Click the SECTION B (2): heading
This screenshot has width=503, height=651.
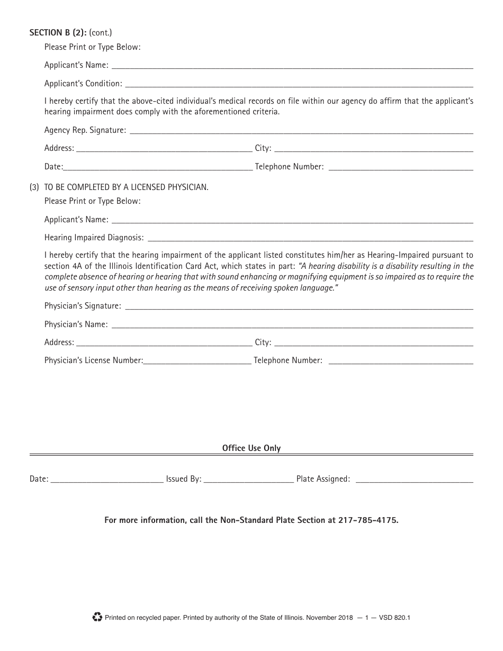[58, 33]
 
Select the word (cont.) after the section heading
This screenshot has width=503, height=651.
[101, 33]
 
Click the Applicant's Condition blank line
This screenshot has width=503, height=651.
[299, 84]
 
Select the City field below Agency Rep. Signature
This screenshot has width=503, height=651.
[373, 149]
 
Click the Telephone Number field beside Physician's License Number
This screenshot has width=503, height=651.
[401, 361]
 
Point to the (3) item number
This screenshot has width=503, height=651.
[34, 187]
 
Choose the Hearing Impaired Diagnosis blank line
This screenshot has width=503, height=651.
[309, 238]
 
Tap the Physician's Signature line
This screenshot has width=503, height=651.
[298, 306]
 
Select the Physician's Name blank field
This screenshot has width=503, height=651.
[292, 324]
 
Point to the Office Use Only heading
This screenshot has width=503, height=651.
[251, 448]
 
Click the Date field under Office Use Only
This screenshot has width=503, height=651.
[107, 480]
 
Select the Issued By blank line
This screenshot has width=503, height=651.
[249, 480]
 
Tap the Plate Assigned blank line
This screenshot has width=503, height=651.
[414, 480]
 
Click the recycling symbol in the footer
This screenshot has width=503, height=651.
[97, 617]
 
